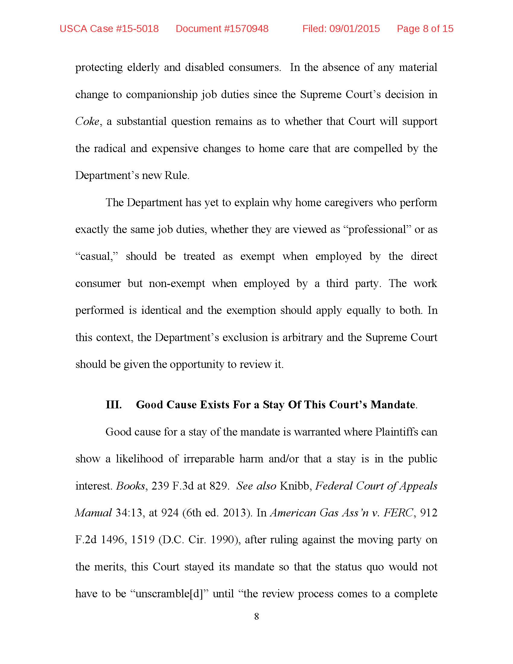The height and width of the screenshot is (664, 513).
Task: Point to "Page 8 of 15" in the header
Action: [x=425, y=29]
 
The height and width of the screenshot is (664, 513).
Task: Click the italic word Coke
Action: [x=88, y=122]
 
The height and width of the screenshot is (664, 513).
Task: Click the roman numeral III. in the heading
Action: [x=114, y=405]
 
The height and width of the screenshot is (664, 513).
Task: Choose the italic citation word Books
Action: [x=131, y=486]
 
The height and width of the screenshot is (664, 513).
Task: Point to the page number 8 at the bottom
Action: [x=256, y=616]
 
